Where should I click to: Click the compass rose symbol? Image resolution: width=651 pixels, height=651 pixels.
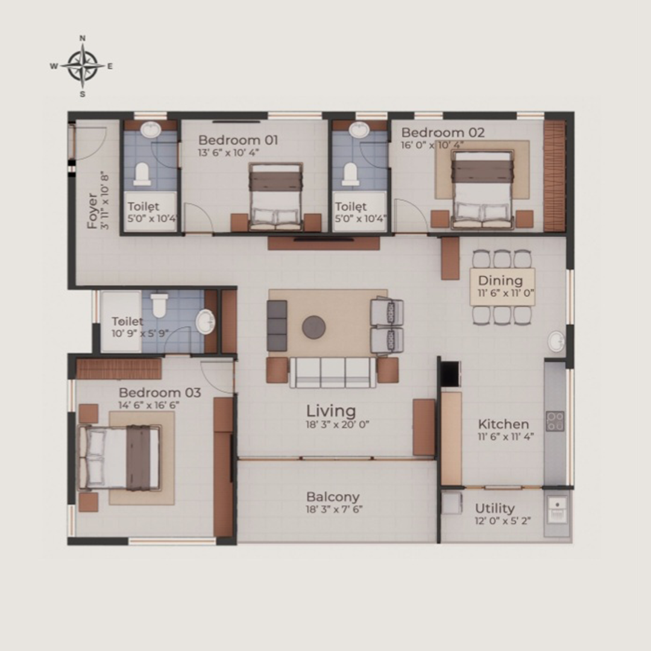coord(83,66)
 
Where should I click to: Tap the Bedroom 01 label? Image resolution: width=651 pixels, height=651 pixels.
coord(238,140)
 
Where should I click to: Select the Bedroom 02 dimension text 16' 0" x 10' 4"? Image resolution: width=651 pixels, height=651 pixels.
coord(432,145)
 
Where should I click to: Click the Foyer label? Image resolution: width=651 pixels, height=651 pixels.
coord(92,211)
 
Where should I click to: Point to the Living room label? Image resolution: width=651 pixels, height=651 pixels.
coord(331,410)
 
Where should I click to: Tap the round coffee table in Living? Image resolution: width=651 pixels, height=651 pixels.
coord(314,327)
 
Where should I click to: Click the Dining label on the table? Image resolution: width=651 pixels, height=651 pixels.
coord(500,280)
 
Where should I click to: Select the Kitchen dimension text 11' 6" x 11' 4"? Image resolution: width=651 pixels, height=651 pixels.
coord(505,436)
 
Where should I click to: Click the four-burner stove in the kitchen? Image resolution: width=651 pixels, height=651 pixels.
coord(555,421)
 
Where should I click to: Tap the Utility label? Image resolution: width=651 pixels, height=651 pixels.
coord(494,508)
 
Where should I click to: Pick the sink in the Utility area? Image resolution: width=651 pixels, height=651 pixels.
coord(557,511)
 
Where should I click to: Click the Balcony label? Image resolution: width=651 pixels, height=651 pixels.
coord(333,497)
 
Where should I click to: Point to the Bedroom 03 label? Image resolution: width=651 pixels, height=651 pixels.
coord(159,392)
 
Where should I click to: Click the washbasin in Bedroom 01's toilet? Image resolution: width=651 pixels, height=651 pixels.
coord(151,130)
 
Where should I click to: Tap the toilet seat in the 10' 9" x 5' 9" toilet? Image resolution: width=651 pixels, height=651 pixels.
coord(159,305)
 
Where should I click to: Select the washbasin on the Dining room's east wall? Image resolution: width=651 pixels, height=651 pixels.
coord(556,342)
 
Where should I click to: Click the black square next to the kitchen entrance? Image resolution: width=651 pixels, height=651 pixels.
coord(450,374)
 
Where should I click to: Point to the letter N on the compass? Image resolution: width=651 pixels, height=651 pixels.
coord(83,38)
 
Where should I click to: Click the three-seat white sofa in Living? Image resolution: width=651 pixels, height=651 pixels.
coord(333,373)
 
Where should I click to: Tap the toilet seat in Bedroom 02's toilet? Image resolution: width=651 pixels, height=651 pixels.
coord(351,174)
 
